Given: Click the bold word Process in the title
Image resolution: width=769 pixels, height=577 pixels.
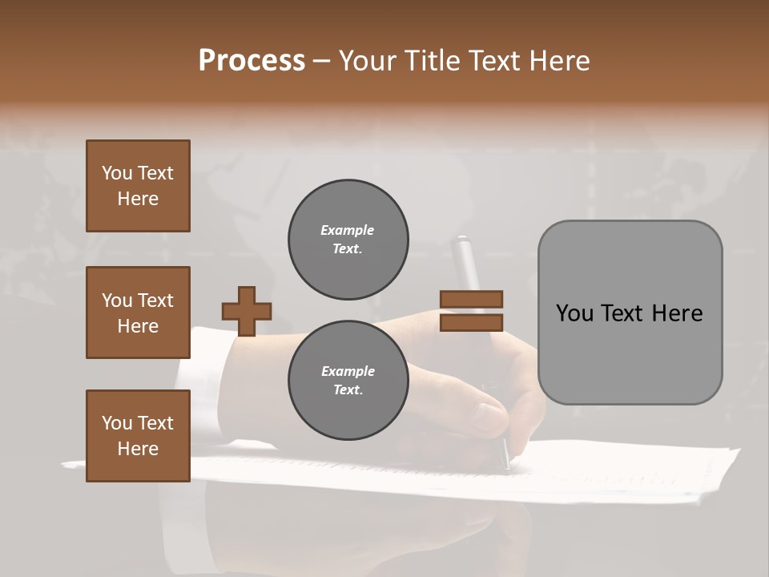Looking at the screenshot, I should [x=252, y=61].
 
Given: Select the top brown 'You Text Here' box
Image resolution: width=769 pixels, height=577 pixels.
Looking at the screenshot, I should [x=138, y=186].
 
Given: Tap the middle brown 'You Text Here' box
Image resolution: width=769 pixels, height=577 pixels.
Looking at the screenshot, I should [x=138, y=313].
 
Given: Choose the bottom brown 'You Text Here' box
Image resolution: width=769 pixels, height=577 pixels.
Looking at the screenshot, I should [x=138, y=436].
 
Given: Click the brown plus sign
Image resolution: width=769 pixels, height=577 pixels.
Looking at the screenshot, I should [x=247, y=310].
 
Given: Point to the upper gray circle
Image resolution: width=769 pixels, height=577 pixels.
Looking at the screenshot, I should [x=348, y=240].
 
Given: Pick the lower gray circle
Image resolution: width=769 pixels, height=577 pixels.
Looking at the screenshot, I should [x=348, y=381].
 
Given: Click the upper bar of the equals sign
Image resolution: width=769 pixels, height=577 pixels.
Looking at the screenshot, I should [x=471, y=299].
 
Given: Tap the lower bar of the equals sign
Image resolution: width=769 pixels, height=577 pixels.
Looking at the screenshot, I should [x=471, y=322].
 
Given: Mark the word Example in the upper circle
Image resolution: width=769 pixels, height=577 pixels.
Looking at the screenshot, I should [x=348, y=231].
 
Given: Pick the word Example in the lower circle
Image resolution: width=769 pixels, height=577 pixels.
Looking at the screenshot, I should [x=348, y=372].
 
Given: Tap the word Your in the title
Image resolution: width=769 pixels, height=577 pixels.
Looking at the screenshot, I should [x=363, y=61].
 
